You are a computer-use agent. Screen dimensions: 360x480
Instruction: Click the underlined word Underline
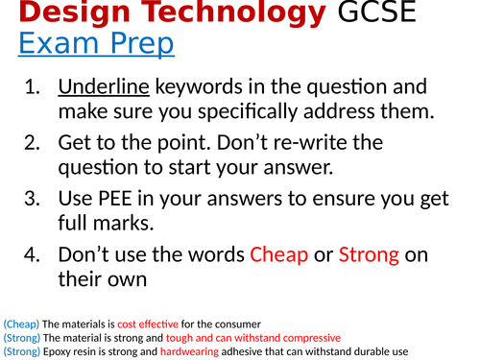104,87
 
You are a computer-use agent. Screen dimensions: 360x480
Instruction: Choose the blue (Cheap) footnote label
21,324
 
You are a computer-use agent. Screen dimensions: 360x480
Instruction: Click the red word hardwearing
195,351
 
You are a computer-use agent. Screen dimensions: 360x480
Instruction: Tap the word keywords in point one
195,87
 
